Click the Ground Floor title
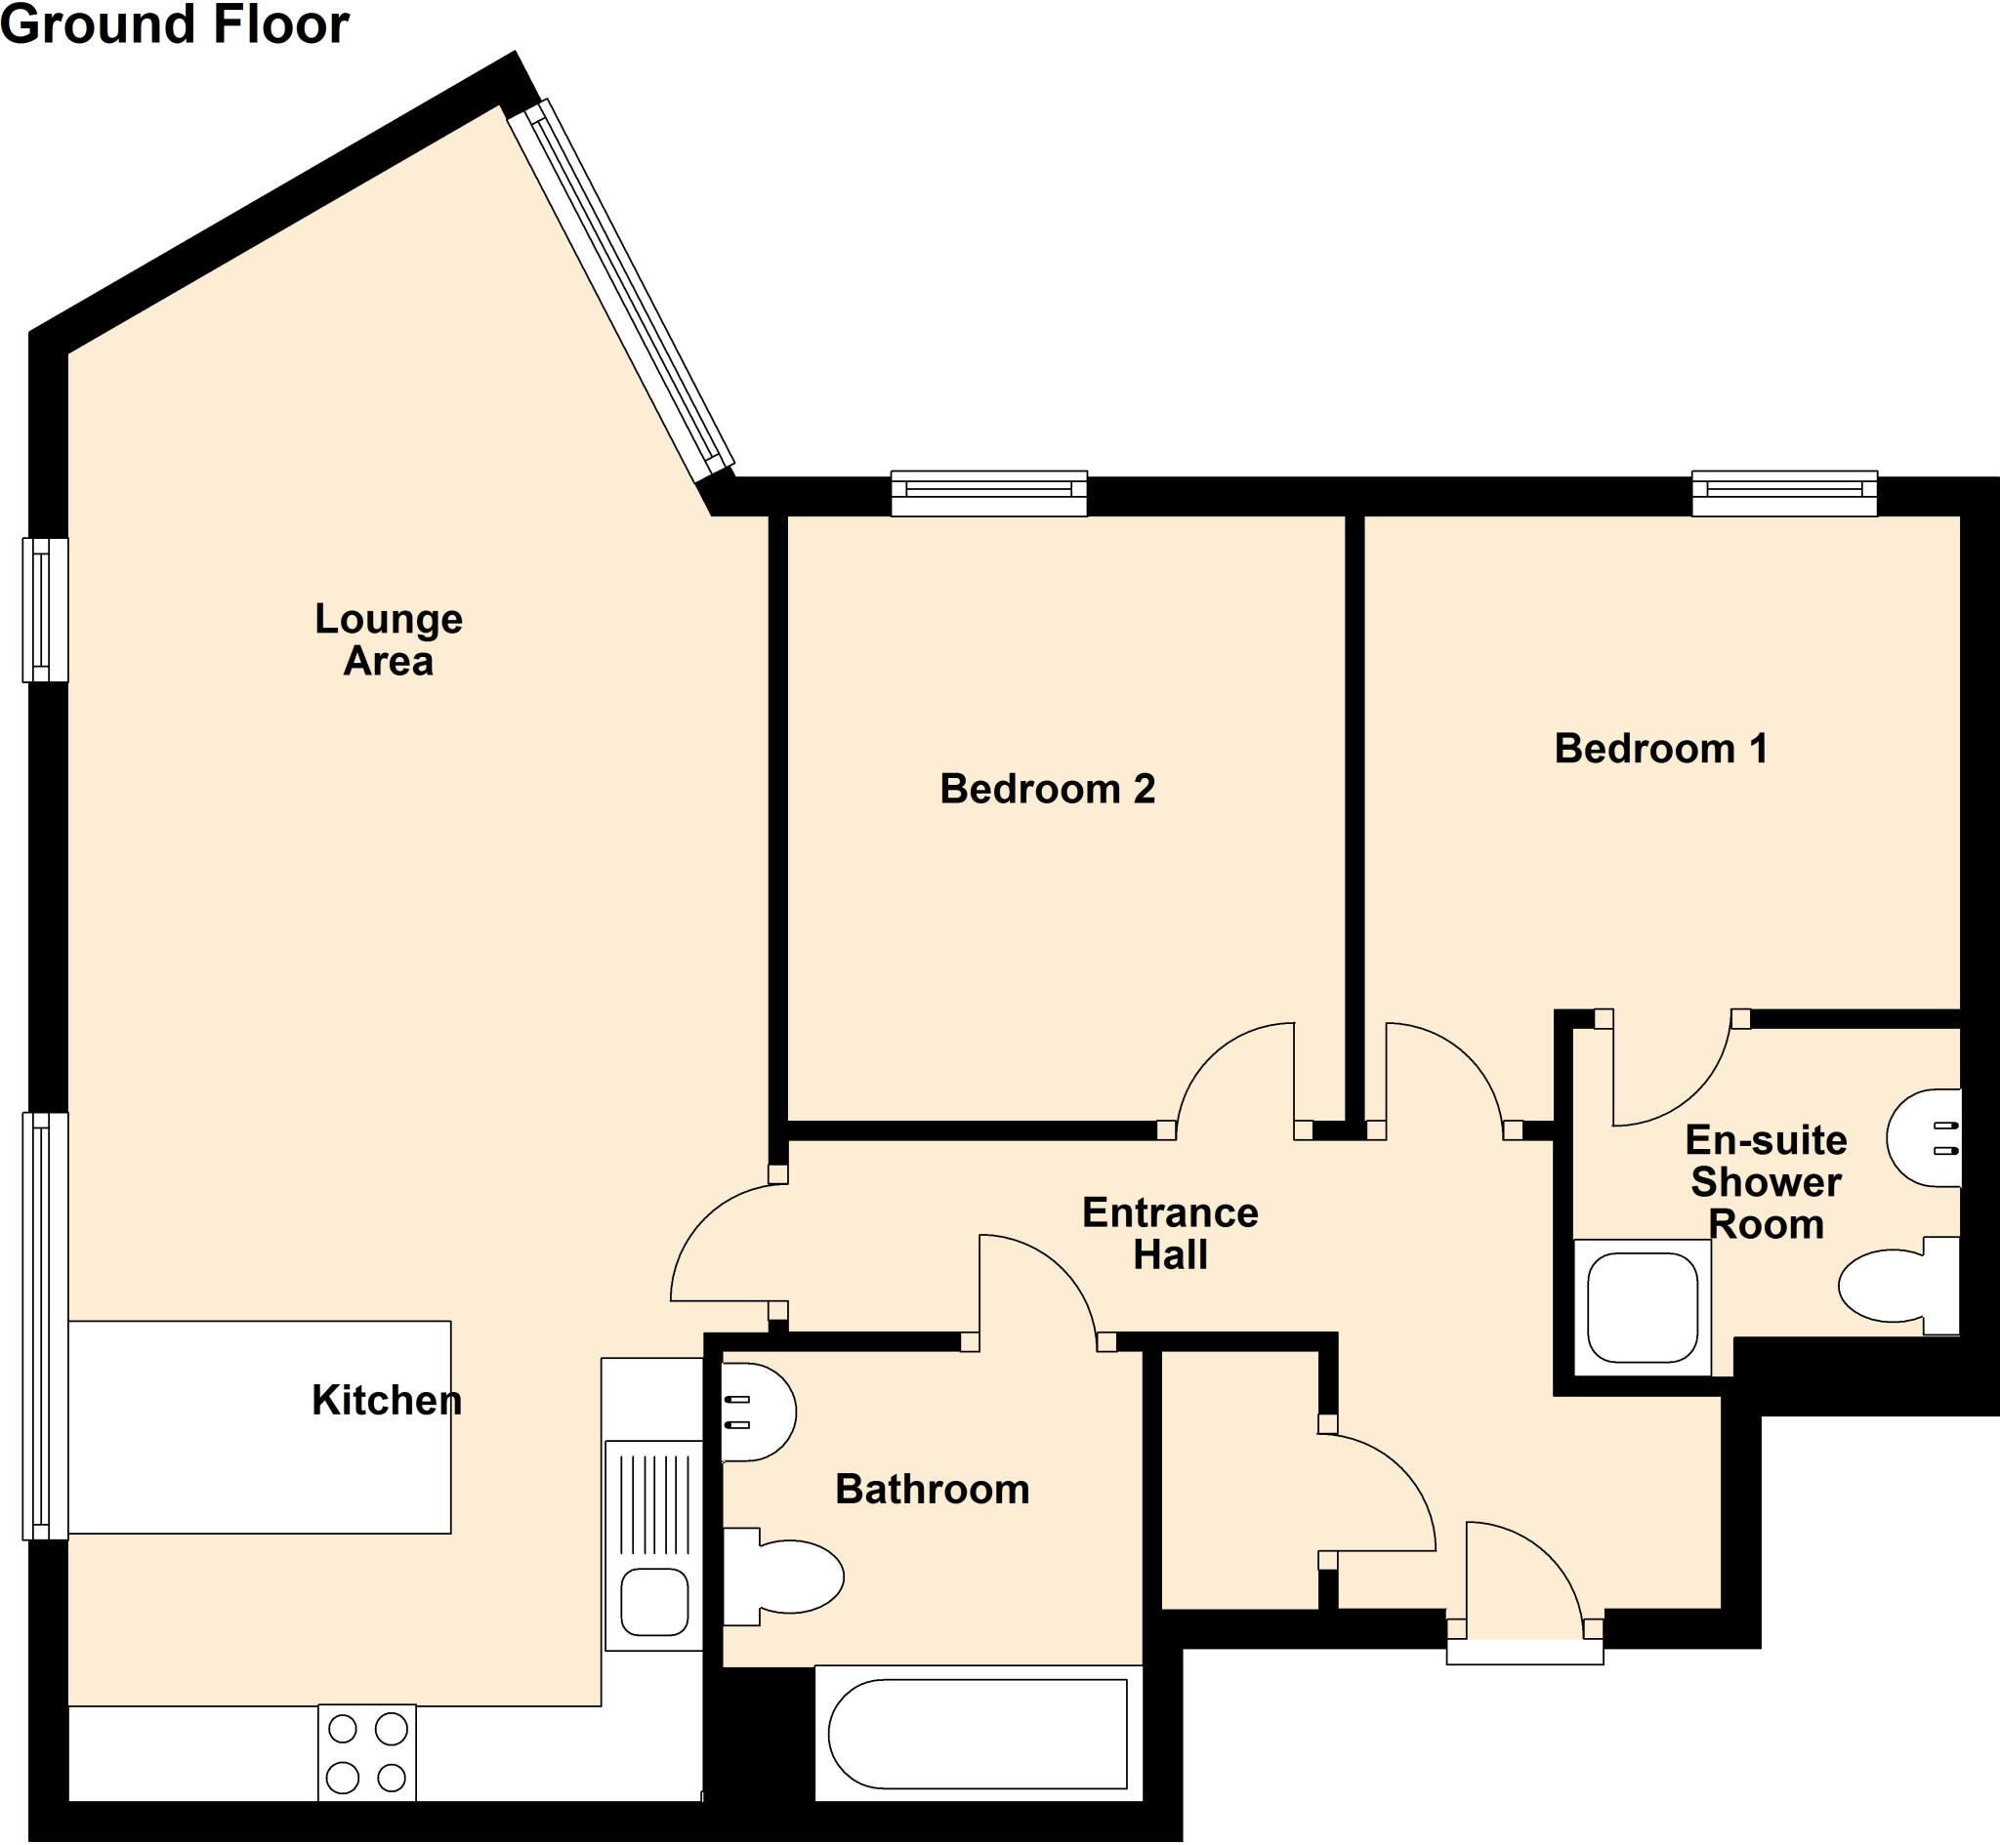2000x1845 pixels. point(175,24)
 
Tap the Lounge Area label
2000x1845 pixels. point(389,640)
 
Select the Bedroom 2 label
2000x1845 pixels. point(1048,789)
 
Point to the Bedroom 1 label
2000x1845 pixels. point(1660,748)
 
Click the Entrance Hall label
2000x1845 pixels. point(1170,1233)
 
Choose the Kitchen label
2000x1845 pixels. point(387,1401)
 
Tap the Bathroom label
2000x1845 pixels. point(932,1489)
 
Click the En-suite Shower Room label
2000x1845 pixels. point(1766,1182)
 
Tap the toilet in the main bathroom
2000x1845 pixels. point(789,1577)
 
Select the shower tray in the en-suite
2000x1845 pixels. point(1642,1308)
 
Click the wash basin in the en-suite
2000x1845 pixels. point(1925,1138)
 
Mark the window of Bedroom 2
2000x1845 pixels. point(988,494)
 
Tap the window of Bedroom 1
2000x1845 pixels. point(1784,494)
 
